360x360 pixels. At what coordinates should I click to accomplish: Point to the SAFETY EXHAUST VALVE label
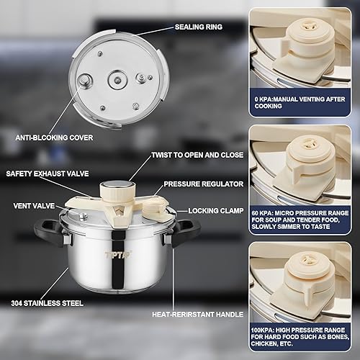(x=44, y=174)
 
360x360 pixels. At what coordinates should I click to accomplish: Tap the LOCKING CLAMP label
(x=214, y=211)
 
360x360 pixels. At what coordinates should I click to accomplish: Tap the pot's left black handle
(x=45, y=231)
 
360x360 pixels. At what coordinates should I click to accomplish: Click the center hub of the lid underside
(x=115, y=76)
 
